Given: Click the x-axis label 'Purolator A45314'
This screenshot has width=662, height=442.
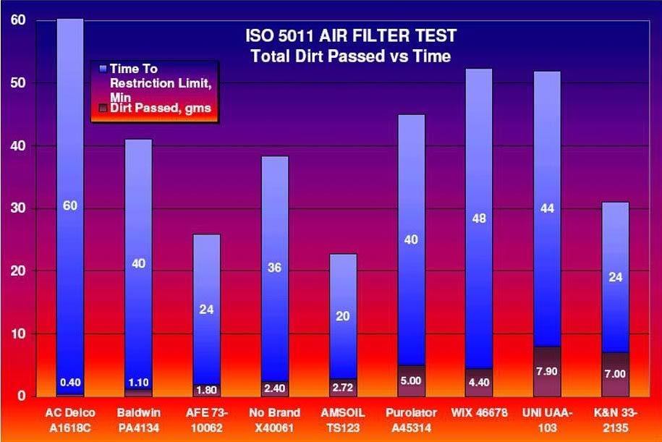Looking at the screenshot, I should [410, 420].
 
